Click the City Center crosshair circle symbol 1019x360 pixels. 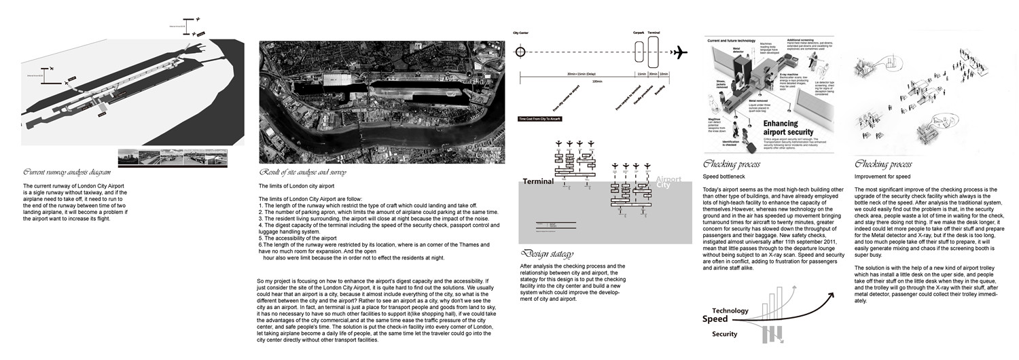[x=520, y=52]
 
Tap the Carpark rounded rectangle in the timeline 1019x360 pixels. [x=639, y=52]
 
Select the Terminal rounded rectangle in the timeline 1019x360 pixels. [x=654, y=52]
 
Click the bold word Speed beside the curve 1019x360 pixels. [x=715, y=319]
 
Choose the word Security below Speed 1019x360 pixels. [x=724, y=334]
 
